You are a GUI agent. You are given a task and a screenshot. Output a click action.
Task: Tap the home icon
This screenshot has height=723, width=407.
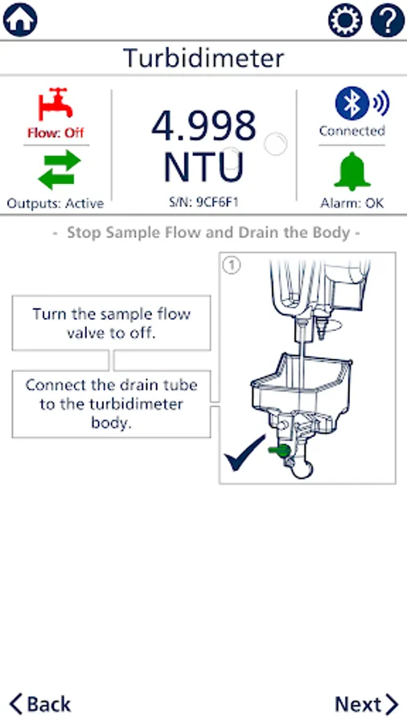point(20,19)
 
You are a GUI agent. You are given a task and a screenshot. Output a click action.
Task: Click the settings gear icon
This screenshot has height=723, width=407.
point(345,20)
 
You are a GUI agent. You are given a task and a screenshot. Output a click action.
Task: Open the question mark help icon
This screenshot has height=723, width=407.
point(388,20)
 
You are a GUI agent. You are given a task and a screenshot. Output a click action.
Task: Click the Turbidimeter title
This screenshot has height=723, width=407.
point(203,58)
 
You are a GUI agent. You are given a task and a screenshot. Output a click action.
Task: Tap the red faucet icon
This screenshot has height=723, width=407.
point(55,104)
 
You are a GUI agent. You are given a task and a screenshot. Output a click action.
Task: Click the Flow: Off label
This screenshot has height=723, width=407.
point(55,133)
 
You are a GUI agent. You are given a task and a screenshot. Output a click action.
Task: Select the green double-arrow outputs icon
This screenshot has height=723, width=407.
point(59,170)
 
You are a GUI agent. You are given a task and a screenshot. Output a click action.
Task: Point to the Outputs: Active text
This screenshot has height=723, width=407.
point(55,203)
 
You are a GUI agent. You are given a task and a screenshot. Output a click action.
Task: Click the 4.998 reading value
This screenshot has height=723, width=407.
point(203,125)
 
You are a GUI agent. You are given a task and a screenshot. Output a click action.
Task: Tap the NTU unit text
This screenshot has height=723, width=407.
point(203,166)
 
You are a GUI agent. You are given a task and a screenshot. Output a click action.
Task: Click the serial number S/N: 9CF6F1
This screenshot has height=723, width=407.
point(203,202)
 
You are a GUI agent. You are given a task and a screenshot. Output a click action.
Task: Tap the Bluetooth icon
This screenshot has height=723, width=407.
point(352,104)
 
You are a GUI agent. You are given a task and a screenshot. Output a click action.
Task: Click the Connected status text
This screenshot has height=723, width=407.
point(352,131)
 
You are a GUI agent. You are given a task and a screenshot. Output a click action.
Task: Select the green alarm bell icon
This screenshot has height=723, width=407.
point(352,171)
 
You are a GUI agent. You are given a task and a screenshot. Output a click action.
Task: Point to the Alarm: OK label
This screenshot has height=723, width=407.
point(352,203)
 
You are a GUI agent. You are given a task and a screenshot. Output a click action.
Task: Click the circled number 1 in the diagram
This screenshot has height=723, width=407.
point(231,266)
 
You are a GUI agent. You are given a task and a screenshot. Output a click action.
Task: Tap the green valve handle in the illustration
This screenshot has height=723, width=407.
point(279,451)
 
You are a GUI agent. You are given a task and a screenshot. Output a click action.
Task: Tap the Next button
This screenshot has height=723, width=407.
point(367,704)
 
